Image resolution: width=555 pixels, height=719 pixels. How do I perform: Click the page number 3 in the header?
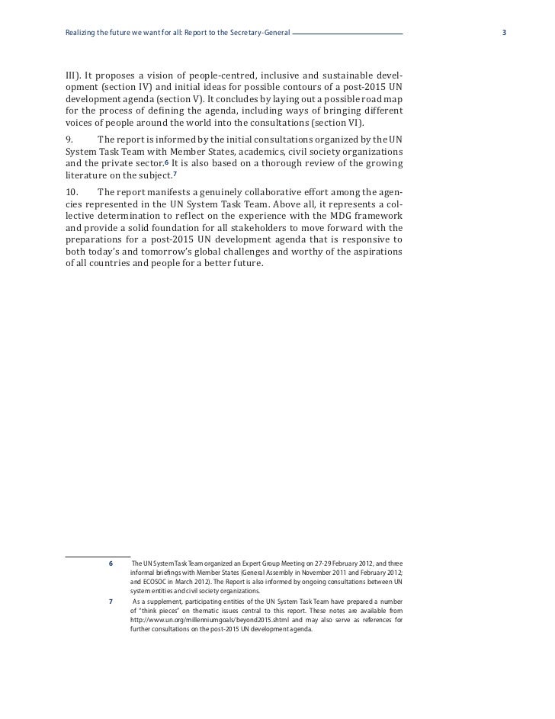tap(505, 34)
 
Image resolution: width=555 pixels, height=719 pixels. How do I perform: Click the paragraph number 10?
tap(72, 191)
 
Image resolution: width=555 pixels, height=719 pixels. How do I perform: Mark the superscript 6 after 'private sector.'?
tap(168, 162)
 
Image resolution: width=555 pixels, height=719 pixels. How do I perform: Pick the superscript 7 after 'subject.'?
tap(175, 175)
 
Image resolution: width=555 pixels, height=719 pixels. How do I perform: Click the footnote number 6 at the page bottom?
tap(111, 563)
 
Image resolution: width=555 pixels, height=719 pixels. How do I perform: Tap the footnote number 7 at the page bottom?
tap(111, 601)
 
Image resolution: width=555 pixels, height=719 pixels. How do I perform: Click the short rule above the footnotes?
tap(98, 554)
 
